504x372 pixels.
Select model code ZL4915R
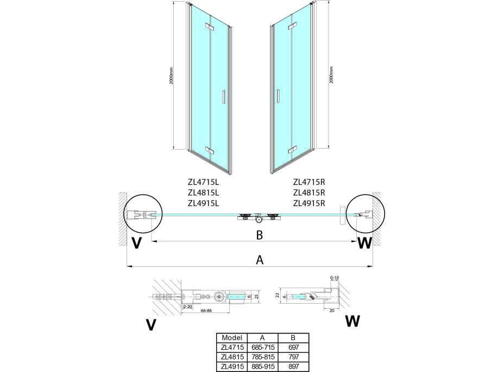(x=308, y=204)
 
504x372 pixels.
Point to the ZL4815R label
(x=308, y=193)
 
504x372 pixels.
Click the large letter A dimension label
(x=260, y=260)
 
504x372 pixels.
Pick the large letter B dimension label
(x=260, y=235)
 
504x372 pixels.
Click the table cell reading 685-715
(x=262, y=346)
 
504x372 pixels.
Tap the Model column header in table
(x=232, y=337)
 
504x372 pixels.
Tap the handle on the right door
(x=278, y=95)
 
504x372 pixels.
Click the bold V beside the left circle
(x=137, y=243)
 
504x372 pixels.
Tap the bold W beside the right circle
(x=365, y=243)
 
